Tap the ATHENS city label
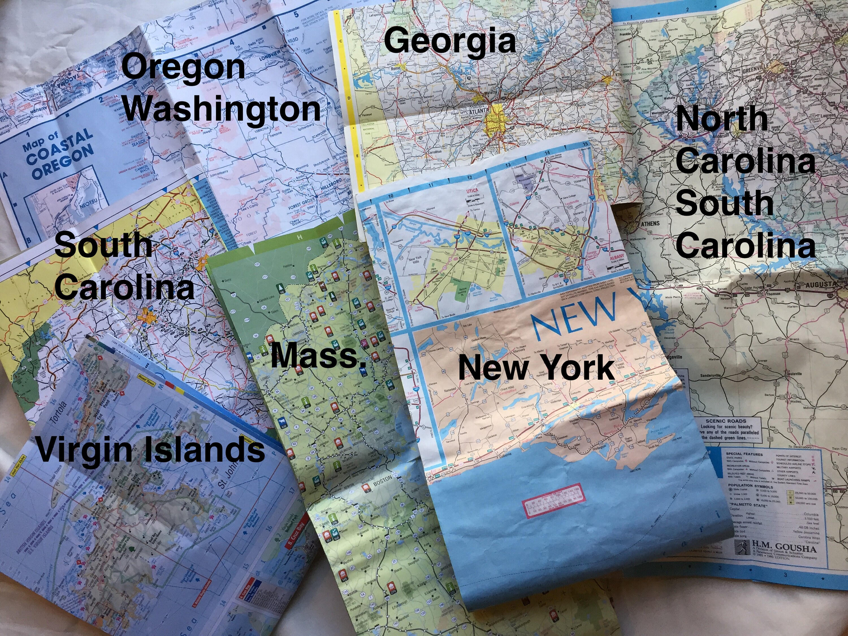coord(650,224)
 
